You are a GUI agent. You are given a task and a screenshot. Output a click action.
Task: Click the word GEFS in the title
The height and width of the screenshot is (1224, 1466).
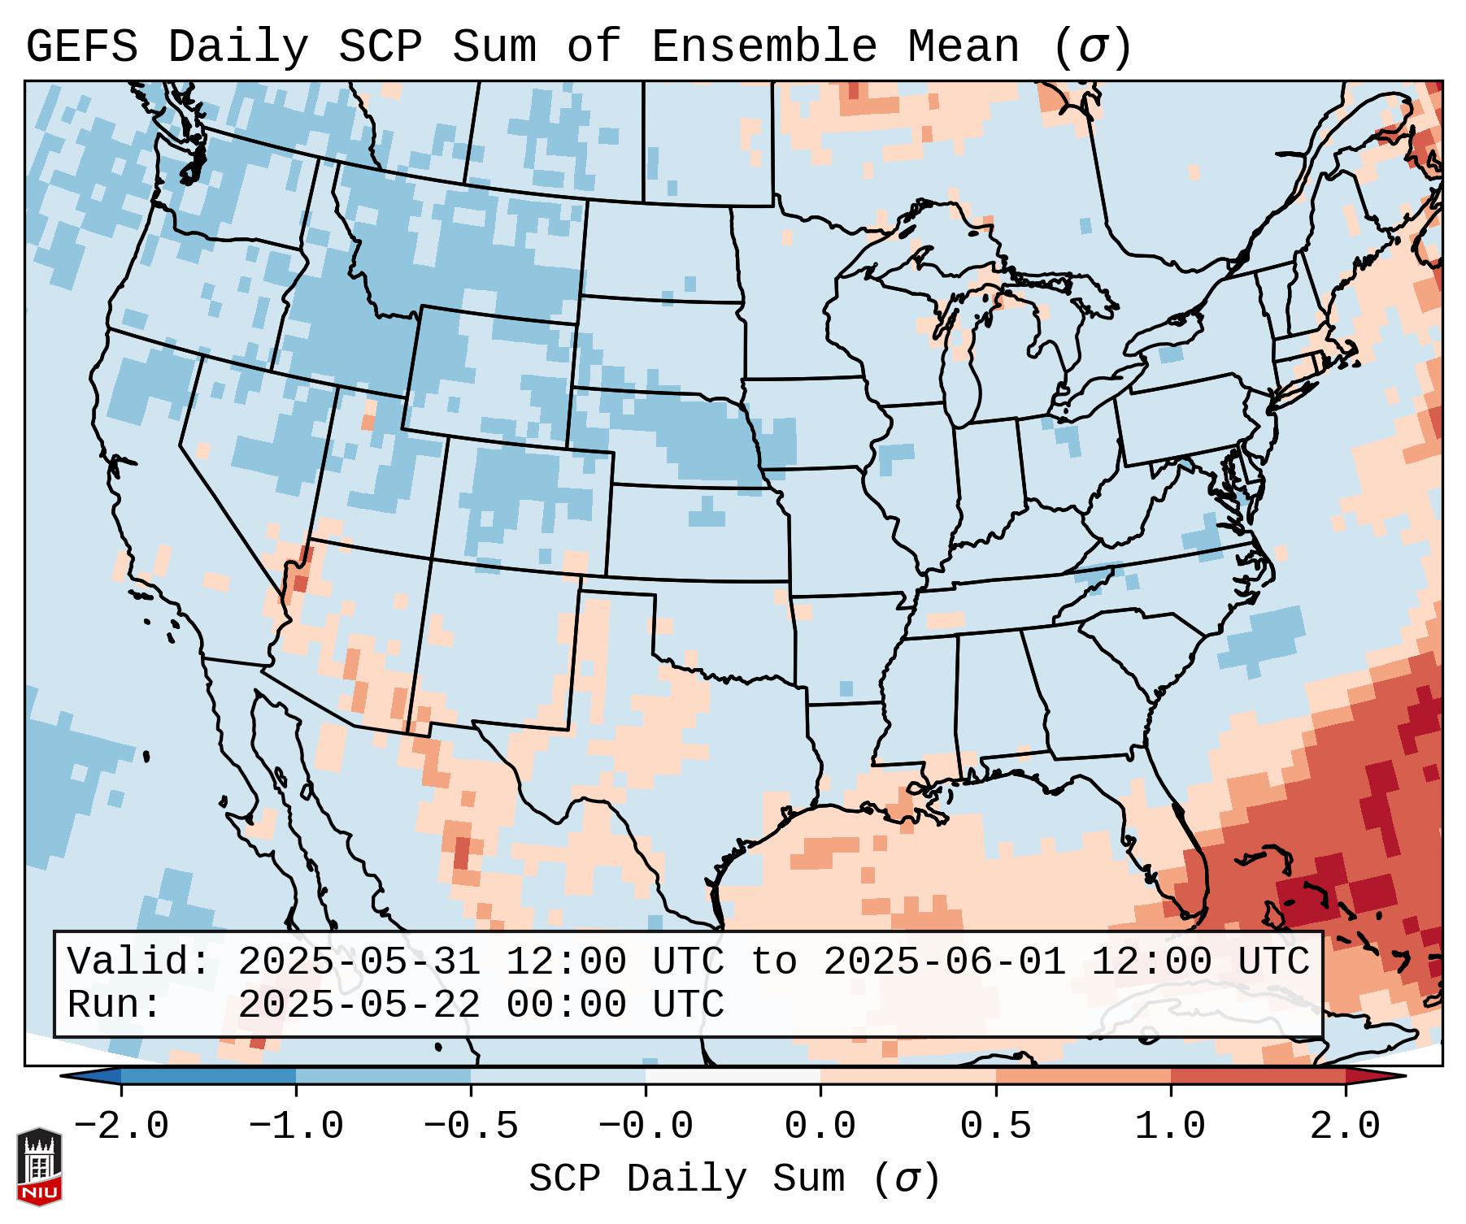[x=81, y=47]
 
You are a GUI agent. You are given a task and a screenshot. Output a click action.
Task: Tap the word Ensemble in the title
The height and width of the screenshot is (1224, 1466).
[x=763, y=47]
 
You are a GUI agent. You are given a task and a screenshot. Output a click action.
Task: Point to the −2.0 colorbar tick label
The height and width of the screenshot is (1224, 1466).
[x=121, y=1126]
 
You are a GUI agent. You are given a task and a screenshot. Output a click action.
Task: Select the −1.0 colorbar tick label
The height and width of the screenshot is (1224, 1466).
[x=296, y=1126]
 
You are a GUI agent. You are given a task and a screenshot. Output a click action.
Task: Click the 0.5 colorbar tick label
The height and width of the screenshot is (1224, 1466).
[x=995, y=1126]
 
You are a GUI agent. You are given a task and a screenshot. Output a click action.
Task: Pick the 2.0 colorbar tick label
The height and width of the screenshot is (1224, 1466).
[x=1345, y=1126]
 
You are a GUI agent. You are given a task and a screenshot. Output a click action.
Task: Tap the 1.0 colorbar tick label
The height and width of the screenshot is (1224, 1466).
[x=1170, y=1126]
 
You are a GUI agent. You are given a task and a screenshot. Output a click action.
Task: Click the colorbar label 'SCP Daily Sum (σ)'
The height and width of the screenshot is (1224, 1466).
[x=734, y=1179]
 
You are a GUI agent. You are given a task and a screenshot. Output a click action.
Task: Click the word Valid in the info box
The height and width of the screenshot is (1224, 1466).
[x=137, y=961]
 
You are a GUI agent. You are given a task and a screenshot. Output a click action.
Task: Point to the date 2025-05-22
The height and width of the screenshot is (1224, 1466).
[x=359, y=1005]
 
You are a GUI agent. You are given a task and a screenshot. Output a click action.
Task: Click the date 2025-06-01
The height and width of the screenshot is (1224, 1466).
[x=944, y=961]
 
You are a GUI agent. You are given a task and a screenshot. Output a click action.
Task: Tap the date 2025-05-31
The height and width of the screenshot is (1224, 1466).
[x=359, y=961]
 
